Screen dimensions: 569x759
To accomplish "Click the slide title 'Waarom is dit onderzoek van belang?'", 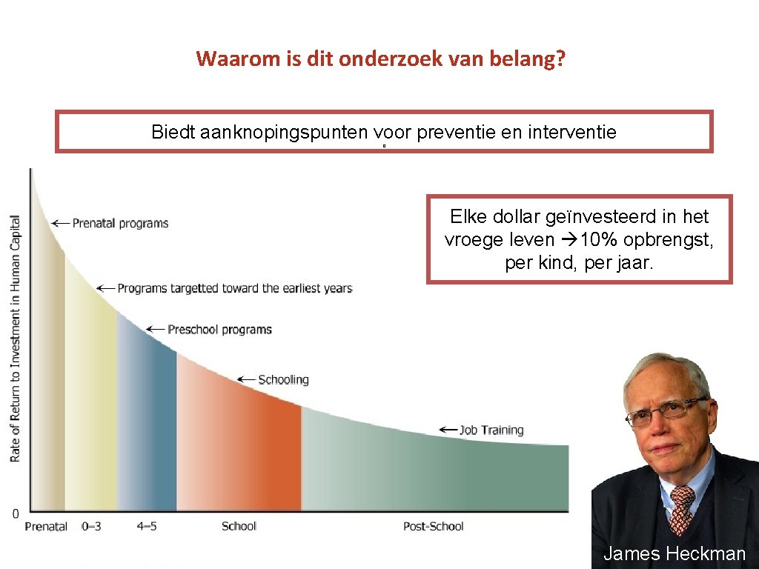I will click(379, 59).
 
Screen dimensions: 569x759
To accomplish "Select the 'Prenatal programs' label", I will click(120, 223).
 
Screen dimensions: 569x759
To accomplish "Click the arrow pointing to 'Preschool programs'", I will click(154, 329).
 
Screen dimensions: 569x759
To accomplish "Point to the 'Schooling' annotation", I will click(282, 379).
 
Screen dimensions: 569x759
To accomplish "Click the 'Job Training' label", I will click(491, 430).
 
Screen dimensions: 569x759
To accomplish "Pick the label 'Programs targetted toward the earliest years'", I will click(234, 288).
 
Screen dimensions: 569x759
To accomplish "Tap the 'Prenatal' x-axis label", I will click(46, 527).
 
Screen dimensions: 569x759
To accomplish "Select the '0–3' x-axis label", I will click(92, 527).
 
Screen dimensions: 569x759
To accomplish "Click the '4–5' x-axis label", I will click(147, 527).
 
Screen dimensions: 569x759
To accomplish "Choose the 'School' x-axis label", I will click(239, 527).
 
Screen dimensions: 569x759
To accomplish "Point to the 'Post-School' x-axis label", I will click(433, 527).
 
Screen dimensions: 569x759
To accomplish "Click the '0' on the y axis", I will click(15, 513).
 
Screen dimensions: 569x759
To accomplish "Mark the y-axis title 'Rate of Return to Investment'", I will click(16, 338).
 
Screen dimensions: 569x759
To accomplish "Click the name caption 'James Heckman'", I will click(675, 553).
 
